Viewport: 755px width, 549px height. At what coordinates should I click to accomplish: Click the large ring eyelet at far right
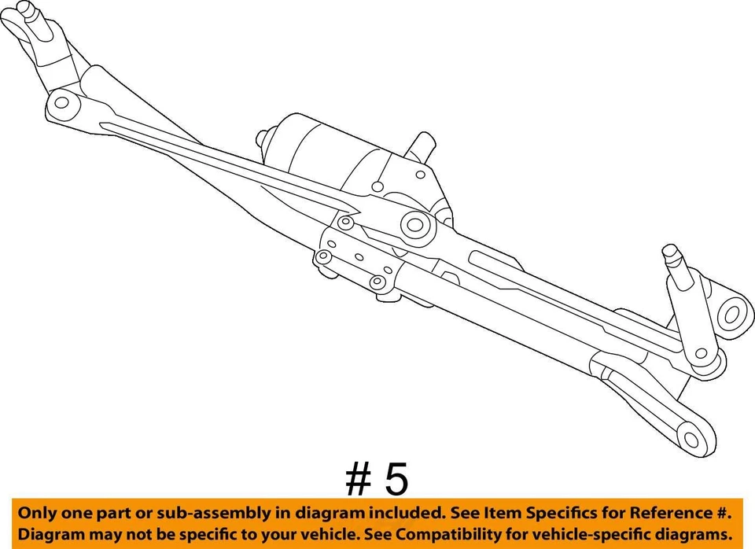pos(732,315)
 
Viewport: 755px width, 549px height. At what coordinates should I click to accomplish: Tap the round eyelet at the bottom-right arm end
pos(692,438)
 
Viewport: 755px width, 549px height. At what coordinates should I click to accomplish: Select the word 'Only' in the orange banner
pos(39,514)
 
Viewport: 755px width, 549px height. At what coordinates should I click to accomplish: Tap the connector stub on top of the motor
pos(422,146)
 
